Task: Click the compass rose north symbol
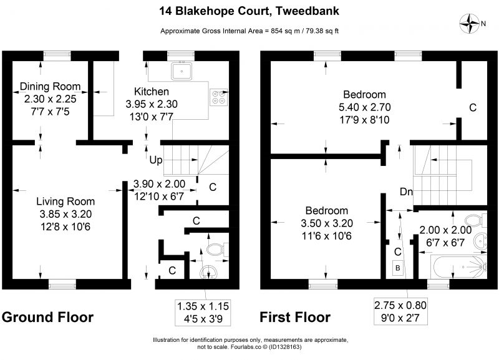pyautogui.click(x=470, y=23)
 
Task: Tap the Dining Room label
pyautogui.click(x=50, y=86)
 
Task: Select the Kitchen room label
pyautogui.click(x=152, y=91)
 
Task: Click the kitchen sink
pyautogui.click(x=182, y=71)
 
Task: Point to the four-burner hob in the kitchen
pyautogui.click(x=219, y=97)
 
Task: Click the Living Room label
pyautogui.click(x=65, y=201)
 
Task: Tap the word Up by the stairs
pyautogui.click(x=156, y=160)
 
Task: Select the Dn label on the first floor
pyautogui.click(x=406, y=192)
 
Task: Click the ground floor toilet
pyautogui.click(x=217, y=250)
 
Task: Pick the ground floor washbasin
pyautogui.click(x=208, y=273)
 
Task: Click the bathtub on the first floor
pyautogui.click(x=459, y=267)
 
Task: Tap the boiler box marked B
pyautogui.click(x=397, y=268)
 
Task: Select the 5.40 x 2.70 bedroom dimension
pyautogui.click(x=365, y=107)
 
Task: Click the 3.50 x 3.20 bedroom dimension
pyautogui.click(x=327, y=223)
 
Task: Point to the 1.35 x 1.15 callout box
pyautogui.click(x=203, y=313)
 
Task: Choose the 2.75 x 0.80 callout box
pyautogui.click(x=400, y=311)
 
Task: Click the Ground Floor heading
pyautogui.click(x=48, y=318)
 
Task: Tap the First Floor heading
pyautogui.click(x=295, y=318)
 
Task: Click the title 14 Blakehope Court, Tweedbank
pyautogui.click(x=249, y=11)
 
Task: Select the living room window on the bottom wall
pyautogui.click(x=62, y=285)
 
